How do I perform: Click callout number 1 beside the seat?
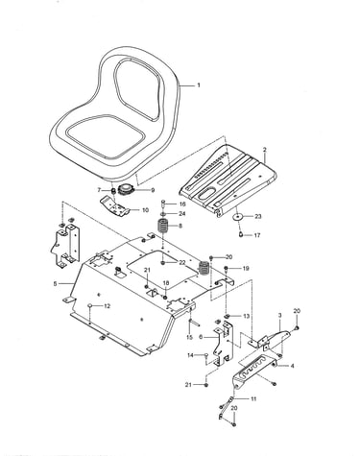[x=199, y=85]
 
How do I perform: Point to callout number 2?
[x=265, y=150]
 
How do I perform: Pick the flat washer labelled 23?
[x=237, y=217]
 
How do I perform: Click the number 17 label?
[x=257, y=235]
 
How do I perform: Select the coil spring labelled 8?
[x=164, y=227]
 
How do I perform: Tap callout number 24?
[x=182, y=213]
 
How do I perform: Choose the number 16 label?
[x=182, y=204]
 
